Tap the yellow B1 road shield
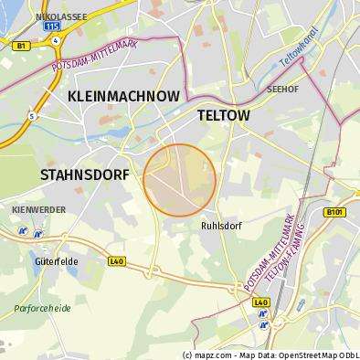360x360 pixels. click(x=20, y=43)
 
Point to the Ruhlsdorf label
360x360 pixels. click(x=220, y=225)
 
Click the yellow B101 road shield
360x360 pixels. click(x=334, y=213)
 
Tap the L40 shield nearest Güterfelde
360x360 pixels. click(x=116, y=260)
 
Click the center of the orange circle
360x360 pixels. click(x=180, y=179)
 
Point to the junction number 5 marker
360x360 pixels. click(x=31, y=115)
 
